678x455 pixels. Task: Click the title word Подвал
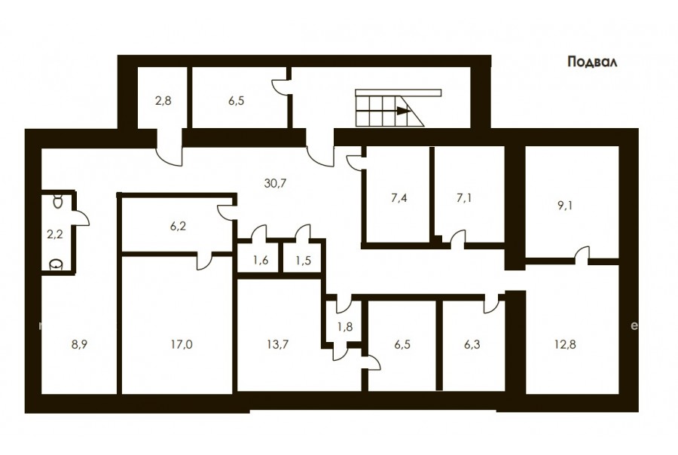tap(592, 63)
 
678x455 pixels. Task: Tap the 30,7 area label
tap(275, 183)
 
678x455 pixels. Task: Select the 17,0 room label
tap(182, 344)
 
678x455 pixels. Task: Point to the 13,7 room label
tap(277, 344)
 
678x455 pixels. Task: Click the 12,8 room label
tap(565, 344)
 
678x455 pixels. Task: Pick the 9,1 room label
tap(565, 206)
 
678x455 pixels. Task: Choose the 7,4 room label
tap(399, 198)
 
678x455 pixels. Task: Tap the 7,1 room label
tap(464, 198)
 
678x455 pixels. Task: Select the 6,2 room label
tap(178, 226)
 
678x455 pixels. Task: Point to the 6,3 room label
tap(472, 344)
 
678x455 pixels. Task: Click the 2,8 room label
tap(163, 101)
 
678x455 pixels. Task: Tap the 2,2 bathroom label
tap(55, 234)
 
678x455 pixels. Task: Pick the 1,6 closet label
tap(261, 261)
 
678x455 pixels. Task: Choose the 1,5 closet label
tap(303, 261)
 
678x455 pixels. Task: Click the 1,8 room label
tap(345, 326)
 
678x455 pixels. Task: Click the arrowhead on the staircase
tap(404, 111)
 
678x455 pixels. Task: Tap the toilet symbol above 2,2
tap(57, 201)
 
